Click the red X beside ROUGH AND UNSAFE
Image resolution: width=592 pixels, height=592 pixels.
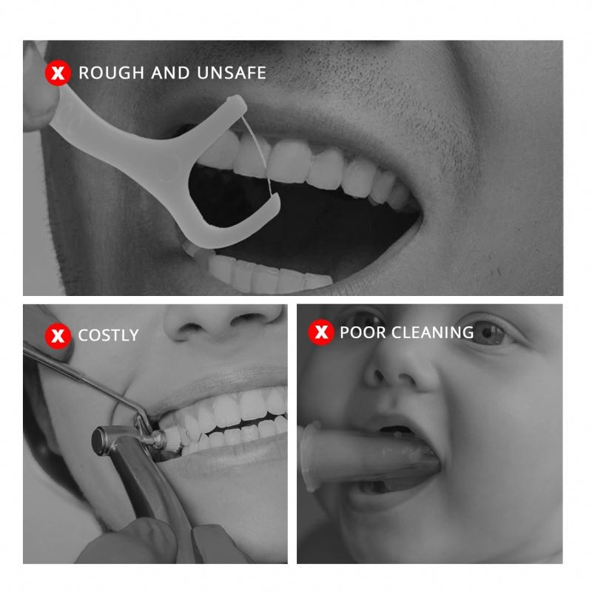pyautogui.click(x=58, y=73)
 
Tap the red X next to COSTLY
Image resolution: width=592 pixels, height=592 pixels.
pyautogui.click(x=58, y=335)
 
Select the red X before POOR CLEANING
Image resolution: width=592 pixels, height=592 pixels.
pyautogui.click(x=321, y=332)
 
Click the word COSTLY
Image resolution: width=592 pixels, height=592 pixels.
pyautogui.click(x=108, y=335)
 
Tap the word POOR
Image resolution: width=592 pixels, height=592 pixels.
pyautogui.click(x=362, y=332)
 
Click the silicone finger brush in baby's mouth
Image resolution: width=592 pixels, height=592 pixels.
pyautogui.click(x=370, y=457)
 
